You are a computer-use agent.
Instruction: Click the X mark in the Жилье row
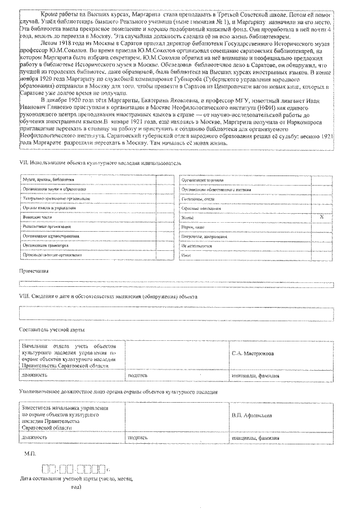tap(321, 216)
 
